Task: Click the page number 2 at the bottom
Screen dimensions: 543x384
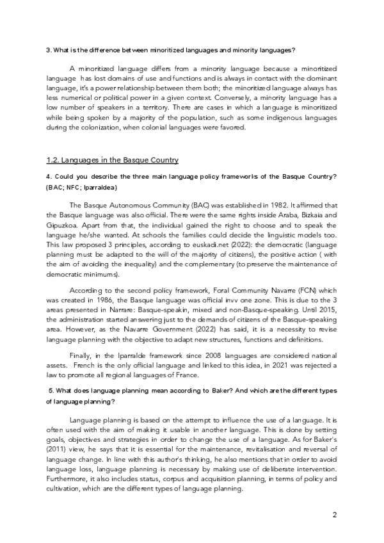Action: pyautogui.click(x=334, y=515)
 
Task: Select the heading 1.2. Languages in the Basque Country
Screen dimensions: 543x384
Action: pyautogui.click(x=112, y=159)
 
